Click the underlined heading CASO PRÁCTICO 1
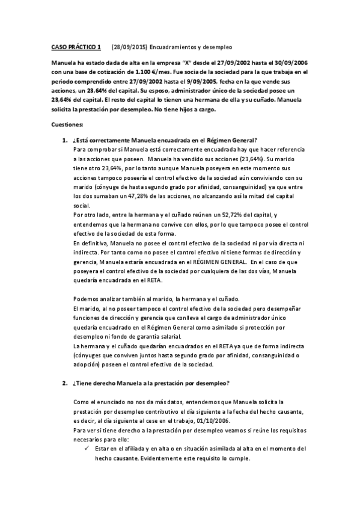coord(76,46)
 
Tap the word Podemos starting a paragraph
coord(85,300)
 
